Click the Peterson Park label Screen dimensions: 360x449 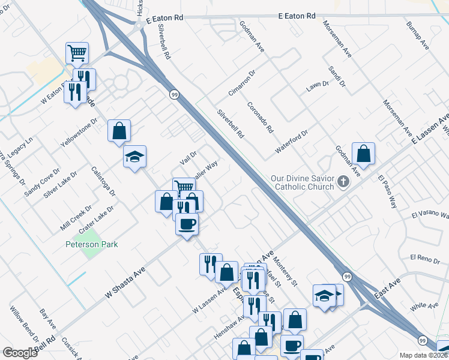click(92, 244)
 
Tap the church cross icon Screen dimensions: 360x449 click(343, 182)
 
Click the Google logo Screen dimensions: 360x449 click(20, 353)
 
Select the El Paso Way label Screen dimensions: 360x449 click(388, 191)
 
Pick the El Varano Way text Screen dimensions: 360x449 click(430, 214)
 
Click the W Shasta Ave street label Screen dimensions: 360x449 click(125, 283)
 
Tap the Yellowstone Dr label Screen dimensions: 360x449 click(79, 134)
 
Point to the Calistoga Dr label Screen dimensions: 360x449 click(103, 179)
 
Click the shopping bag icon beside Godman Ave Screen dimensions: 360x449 click(363, 154)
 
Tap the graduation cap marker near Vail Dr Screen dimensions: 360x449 click(135, 157)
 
